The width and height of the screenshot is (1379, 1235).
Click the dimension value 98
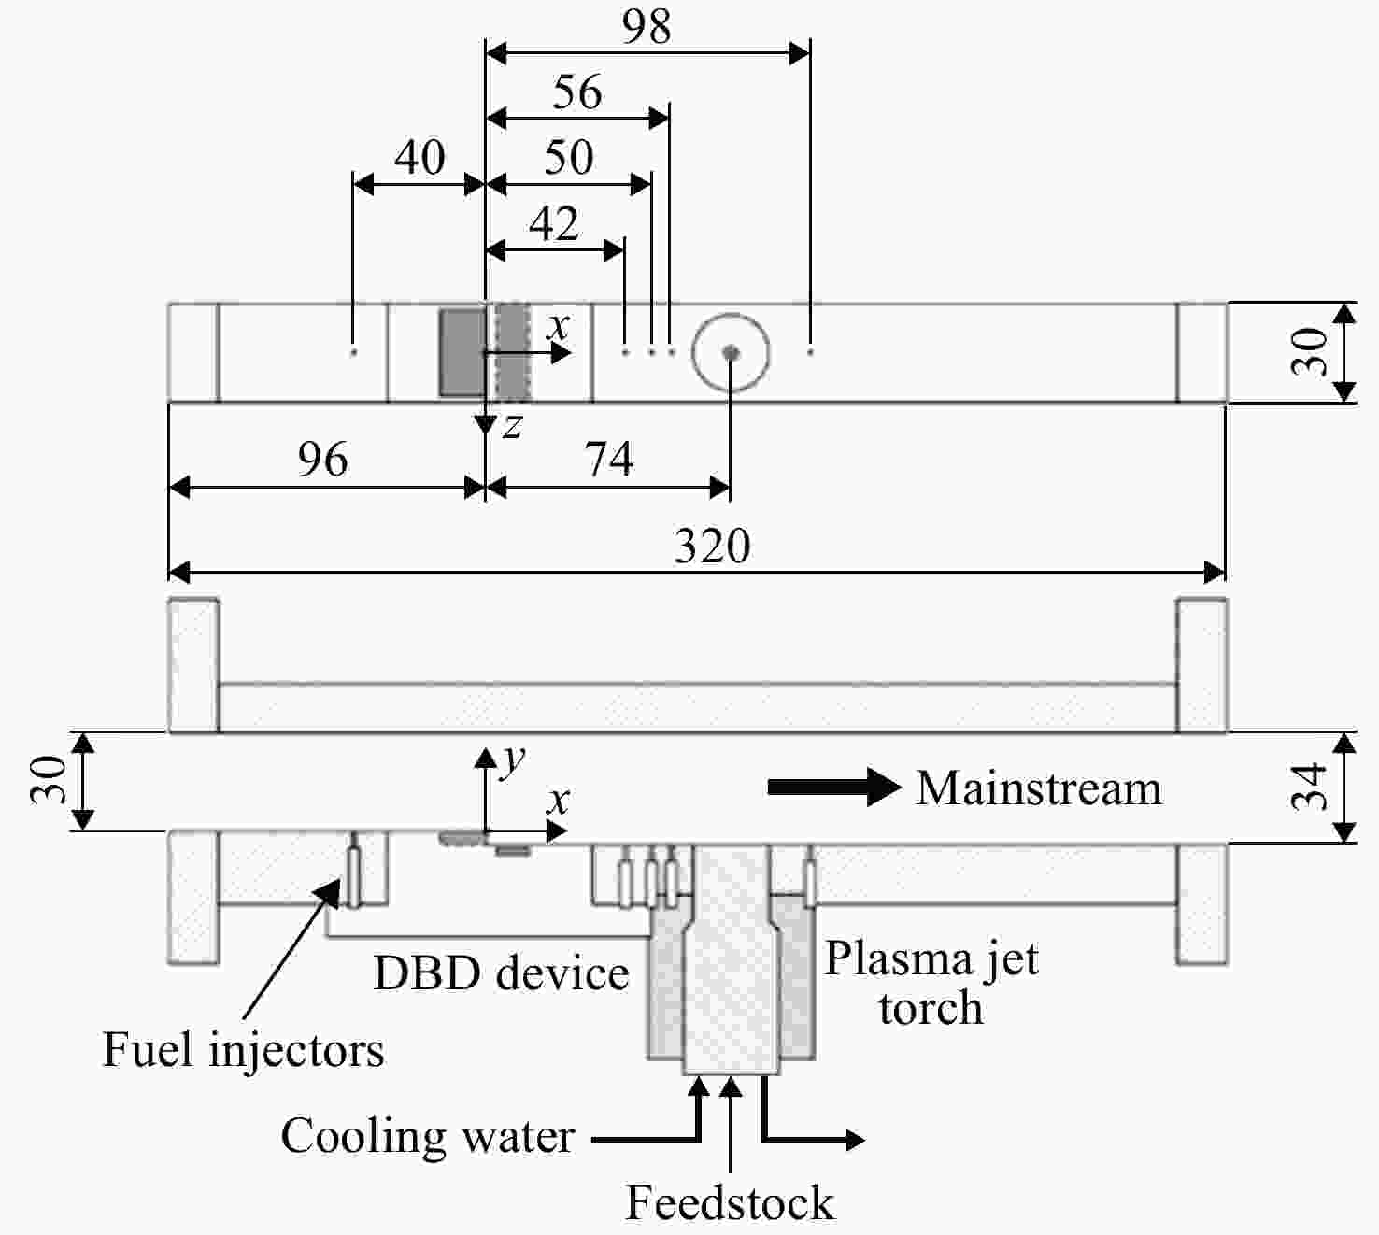point(647,28)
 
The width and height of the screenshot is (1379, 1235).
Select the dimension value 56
point(577,92)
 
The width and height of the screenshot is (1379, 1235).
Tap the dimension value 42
point(554,223)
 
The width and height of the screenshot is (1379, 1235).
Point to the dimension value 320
point(712,546)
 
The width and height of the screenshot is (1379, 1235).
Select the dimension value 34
point(1308,787)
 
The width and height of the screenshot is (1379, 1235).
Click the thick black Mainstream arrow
point(833,787)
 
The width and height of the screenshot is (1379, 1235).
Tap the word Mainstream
point(1039,788)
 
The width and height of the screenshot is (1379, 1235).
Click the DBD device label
point(501,973)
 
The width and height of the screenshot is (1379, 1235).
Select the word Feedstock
point(730,1203)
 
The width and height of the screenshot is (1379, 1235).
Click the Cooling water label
point(428,1136)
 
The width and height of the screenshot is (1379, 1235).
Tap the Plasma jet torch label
point(931,983)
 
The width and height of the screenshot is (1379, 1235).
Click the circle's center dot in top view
point(731,352)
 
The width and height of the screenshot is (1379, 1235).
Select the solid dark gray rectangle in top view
point(462,353)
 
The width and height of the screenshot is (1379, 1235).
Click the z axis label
point(512,427)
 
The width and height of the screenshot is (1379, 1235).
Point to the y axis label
point(513,759)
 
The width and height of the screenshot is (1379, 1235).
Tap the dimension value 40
point(420,158)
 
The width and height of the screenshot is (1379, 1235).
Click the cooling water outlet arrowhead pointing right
point(855,1139)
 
